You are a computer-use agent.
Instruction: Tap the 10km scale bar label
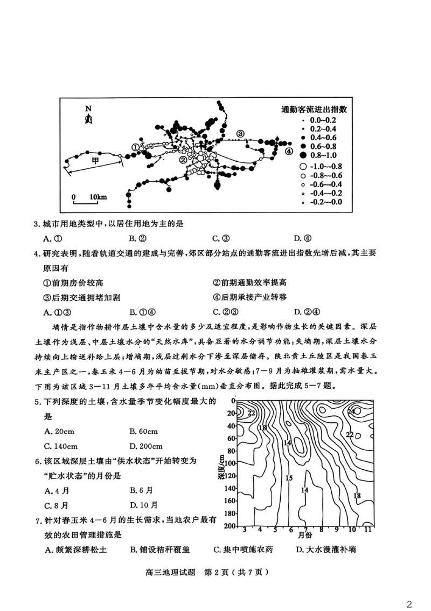[x=98, y=197]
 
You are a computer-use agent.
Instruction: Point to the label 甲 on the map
[x=95, y=161]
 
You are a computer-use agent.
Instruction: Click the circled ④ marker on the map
[x=289, y=152]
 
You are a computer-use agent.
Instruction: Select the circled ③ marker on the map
[x=240, y=133]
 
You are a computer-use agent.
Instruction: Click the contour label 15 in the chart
[x=289, y=478]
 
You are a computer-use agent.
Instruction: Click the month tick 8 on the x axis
[x=321, y=530]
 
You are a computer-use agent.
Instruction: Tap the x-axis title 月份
[x=305, y=535]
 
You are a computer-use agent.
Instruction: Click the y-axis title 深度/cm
[x=221, y=470]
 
